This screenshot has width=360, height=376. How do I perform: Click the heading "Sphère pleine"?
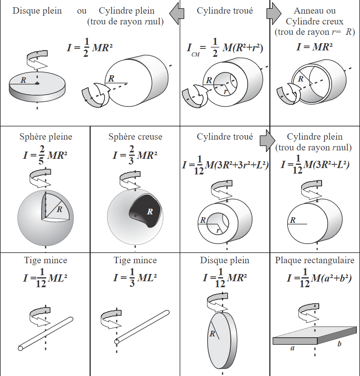(x=46, y=137)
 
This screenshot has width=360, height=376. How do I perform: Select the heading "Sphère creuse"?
(x=135, y=137)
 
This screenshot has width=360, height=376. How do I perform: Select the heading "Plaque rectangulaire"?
(x=314, y=260)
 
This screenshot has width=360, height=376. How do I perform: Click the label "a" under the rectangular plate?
(x=292, y=348)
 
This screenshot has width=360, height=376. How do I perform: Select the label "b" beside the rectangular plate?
(x=339, y=344)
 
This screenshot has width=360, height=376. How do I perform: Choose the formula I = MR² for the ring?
(x=314, y=46)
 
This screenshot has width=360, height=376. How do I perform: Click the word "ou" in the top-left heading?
(x=82, y=11)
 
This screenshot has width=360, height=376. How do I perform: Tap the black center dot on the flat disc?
(x=37, y=83)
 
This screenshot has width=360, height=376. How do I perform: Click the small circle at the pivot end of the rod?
(x=117, y=342)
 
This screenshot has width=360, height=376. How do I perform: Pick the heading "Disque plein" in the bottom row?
(x=224, y=260)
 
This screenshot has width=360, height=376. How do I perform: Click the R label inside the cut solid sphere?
(x=60, y=209)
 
